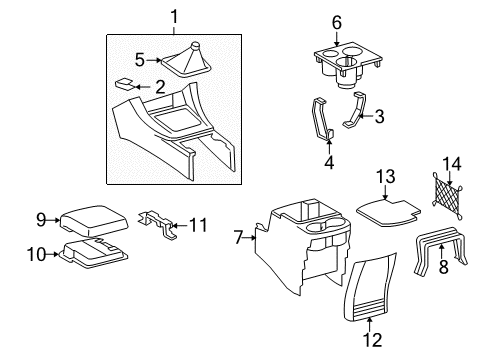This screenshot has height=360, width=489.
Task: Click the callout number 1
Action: pos(175,16)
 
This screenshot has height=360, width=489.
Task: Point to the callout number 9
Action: pos(41,219)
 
